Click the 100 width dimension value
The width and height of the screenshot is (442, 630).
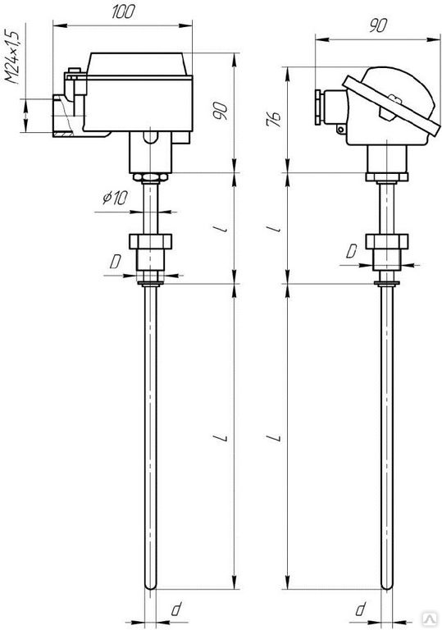click(x=123, y=12)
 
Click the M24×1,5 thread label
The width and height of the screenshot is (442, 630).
click(x=12, y=57)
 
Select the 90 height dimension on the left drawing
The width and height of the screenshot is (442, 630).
click(x=221, y=111)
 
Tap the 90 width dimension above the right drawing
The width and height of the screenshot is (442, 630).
click(x=378, y=26)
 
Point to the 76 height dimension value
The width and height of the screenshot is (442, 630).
click(x=274, y=119)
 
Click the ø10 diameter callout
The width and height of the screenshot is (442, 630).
click(x=115, y=197)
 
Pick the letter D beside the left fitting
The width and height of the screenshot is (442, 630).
click(x=116, y=262)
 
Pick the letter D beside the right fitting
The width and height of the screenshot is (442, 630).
click(x=352, y=252)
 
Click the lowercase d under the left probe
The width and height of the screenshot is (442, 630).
click(x=175, y=609)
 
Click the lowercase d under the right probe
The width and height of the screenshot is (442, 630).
click(x=361, y=609)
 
